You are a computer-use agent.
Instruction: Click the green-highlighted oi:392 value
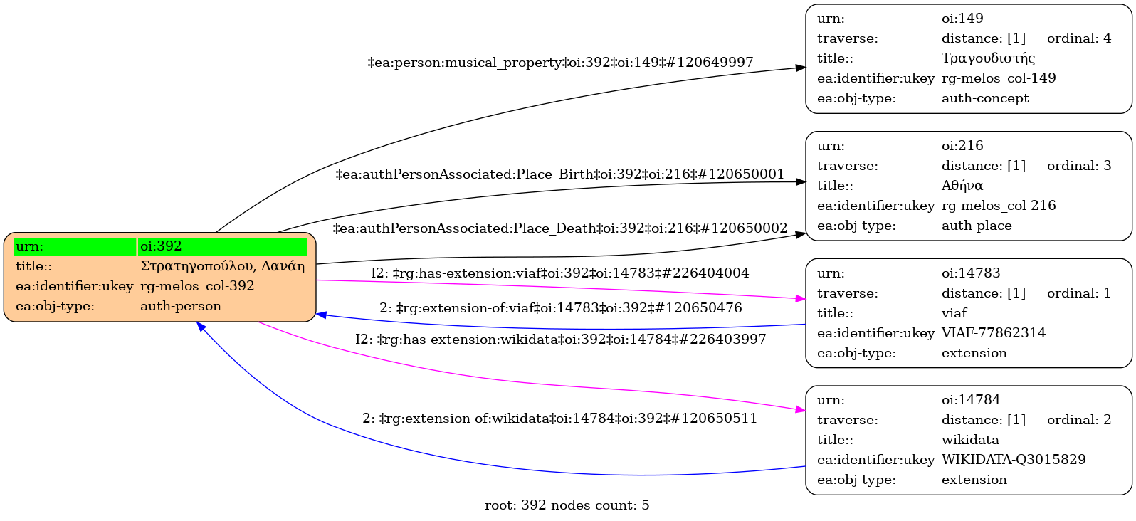[161, 246]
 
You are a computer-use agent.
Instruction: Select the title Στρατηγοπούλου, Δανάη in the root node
[222, 266]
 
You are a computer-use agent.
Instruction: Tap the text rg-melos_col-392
[197, 286]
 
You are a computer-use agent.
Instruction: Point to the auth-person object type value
[181, 306]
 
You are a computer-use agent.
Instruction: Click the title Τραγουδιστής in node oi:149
[988, 58]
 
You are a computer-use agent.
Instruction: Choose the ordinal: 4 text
[1078, 38]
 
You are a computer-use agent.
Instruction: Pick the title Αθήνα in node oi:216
[962, 186]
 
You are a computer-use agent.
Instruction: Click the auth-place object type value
[977, 226]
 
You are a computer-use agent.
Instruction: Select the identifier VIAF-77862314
[994, 333]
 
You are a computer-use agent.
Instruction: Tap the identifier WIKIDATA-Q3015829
[1014, 460]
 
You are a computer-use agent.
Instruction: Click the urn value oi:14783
[971, 273]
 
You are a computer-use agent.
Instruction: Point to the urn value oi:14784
[971, 400]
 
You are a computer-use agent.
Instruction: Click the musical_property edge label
[560, 63]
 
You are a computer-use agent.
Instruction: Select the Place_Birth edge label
[559, 174]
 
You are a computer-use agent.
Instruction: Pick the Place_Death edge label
[559, 228]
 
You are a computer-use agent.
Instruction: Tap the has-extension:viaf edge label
[559, 273]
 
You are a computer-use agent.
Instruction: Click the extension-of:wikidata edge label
[559, 419]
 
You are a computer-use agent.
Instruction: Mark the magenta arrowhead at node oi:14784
[801, 410]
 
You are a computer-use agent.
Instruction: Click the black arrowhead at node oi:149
[801, 68]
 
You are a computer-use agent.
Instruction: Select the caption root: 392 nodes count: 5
[567, 505]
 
